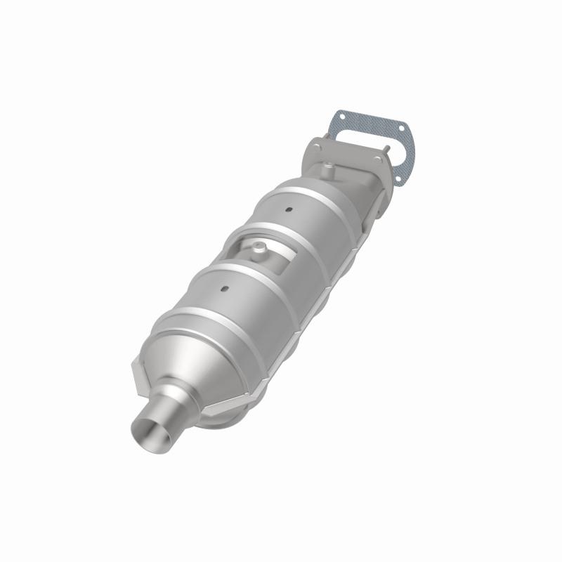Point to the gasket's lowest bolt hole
tap(400, 178)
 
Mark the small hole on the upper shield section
tap(288, 209)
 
